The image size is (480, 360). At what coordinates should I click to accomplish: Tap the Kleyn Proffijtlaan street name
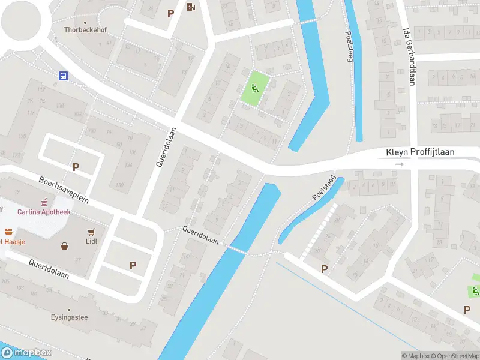tap(419, 153)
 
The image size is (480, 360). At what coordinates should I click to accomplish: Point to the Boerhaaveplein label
tap(64, 189)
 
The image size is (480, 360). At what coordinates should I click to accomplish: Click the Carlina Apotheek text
tap(44, 212)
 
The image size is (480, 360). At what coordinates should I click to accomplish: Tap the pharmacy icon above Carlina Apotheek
tap(43, 202)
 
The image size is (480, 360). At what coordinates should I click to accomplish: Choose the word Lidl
tap(92, 241)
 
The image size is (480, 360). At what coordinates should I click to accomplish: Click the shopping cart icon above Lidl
tap(92, 232)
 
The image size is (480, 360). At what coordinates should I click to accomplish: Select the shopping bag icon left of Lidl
tap(64, 245)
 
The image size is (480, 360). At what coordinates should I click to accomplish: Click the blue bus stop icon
tap(62, 76)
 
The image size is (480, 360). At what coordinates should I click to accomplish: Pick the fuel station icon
tap(191, 7)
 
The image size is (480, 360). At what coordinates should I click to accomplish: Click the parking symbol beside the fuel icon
tap(170, 13)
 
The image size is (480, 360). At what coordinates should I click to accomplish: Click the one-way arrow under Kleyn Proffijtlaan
tap(400, 164)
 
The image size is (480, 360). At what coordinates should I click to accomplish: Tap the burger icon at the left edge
tap(8, 231)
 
